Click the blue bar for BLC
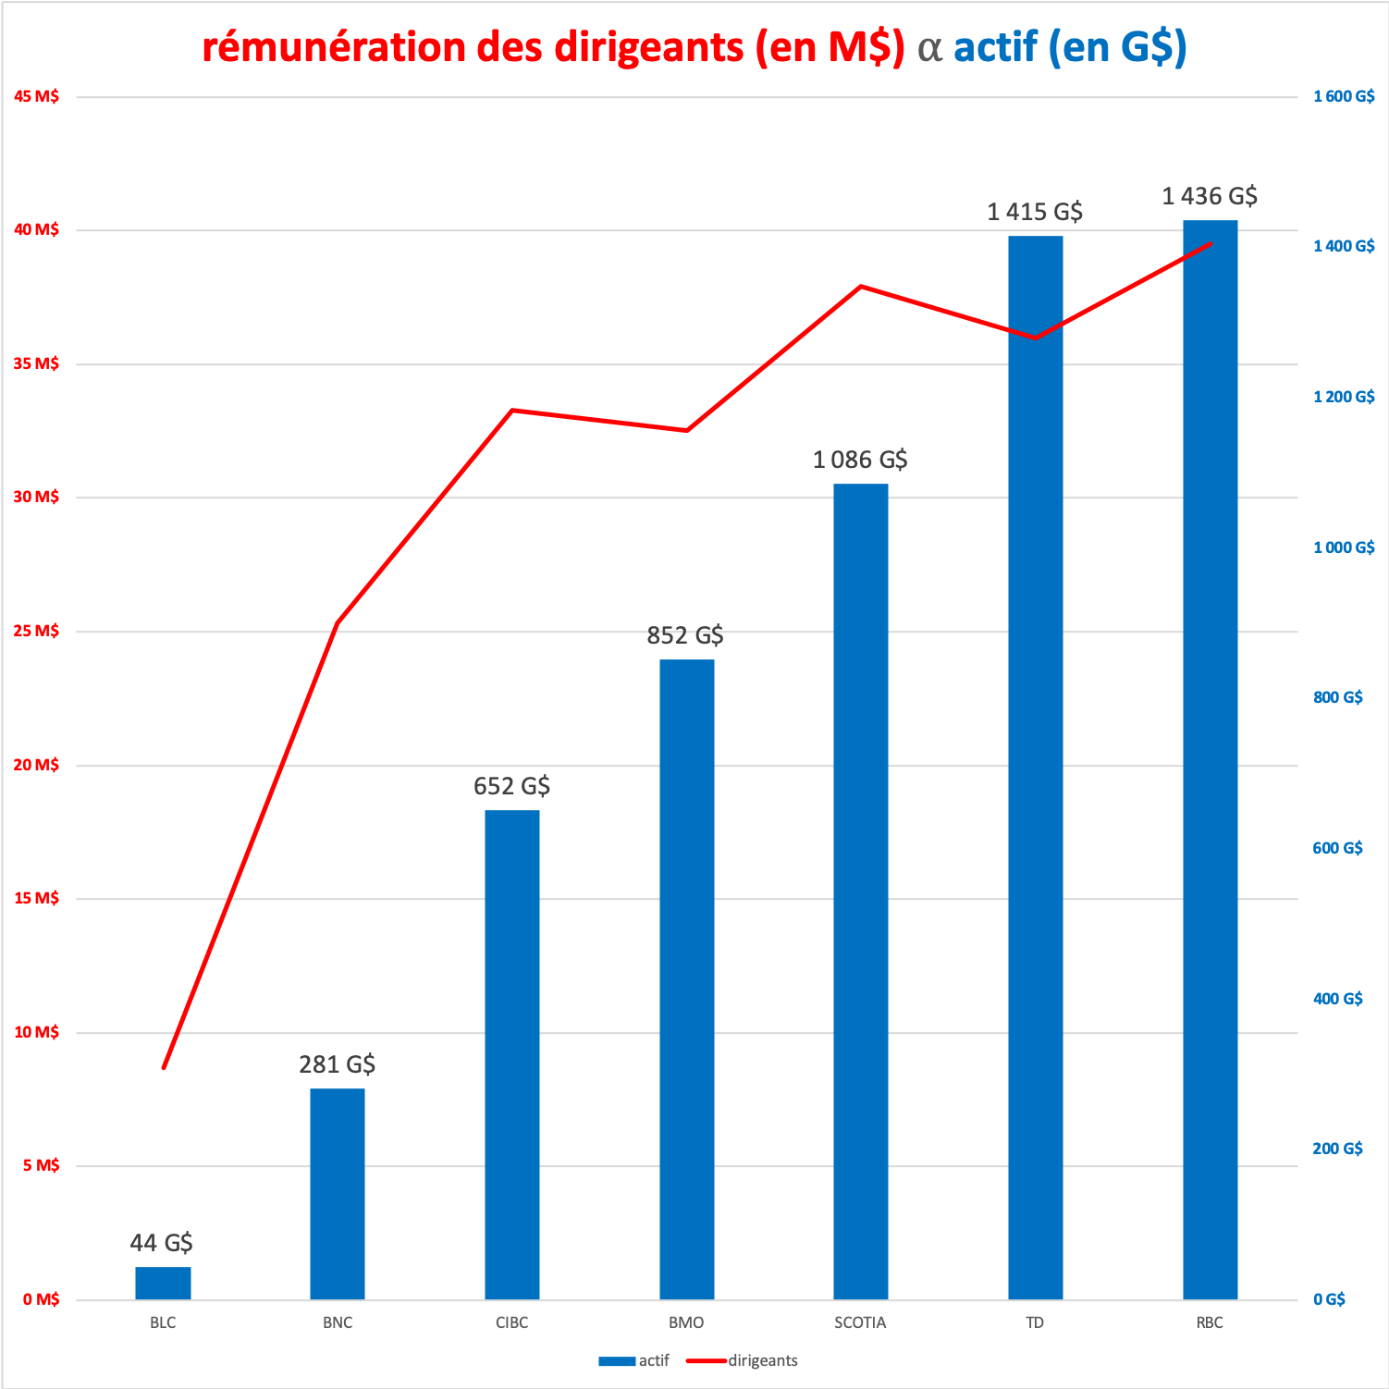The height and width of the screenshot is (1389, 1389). [163, 1283]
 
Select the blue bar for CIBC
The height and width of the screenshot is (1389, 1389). [511, 1054]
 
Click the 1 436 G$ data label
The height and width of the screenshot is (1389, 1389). [1210, 196]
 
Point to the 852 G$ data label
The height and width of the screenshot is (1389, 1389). [685, 635]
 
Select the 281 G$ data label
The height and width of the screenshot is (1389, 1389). [337, 1064]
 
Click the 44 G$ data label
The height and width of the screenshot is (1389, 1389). [162, 1242]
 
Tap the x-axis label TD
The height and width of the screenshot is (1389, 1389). [1035, 1322]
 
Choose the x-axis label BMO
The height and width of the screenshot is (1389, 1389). [686, 1322]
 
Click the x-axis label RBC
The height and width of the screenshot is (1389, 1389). [1210, 1322]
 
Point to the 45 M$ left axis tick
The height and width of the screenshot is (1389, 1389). [37, 96]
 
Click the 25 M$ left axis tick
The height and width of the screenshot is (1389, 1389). [37, 631]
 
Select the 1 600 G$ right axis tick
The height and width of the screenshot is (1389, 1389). [1344, 96]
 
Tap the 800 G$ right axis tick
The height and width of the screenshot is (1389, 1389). [1338, 697]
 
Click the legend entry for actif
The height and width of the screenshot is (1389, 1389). [634, 1360]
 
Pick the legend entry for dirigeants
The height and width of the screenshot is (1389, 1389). [743, 1360]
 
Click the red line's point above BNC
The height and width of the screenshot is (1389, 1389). [338, 623]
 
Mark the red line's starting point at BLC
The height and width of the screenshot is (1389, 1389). [164, 1068]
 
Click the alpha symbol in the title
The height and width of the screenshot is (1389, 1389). [929, 48]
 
